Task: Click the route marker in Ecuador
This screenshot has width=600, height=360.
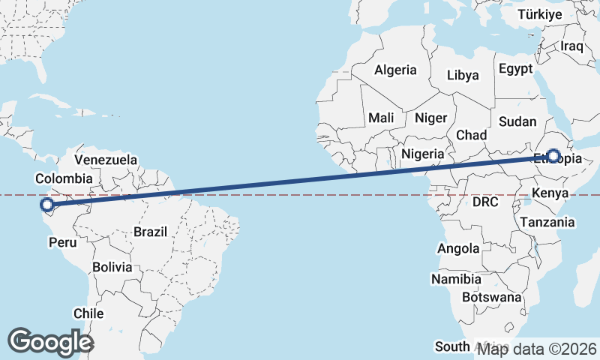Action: [46, 204]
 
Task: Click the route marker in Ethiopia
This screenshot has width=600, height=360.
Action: [553, 156]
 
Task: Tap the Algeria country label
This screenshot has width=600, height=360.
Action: [395, 70]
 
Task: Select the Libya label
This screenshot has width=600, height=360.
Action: [462, 75]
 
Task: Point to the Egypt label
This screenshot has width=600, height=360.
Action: [514, 68]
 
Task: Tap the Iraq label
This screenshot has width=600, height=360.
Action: [571, 46]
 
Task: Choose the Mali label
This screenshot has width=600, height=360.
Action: [381, 118]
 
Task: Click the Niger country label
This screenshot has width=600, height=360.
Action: [430, 118]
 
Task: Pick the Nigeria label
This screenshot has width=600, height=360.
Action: [424, 154]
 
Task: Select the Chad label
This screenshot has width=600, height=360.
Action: [472, 135]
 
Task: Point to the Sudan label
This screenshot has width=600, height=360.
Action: [517, 121]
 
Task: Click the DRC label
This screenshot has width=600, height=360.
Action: [485, 202]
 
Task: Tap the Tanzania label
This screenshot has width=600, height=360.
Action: [547, 222]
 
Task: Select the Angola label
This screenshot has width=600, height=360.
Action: [457, 248]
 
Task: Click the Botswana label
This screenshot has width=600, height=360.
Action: [492, 297]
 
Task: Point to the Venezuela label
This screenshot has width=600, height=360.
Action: [106, 160]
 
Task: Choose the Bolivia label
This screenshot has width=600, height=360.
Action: [112, 267]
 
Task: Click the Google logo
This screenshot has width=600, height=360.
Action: [50, 341]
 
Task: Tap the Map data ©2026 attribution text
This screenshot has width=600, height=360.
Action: [538, 349]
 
